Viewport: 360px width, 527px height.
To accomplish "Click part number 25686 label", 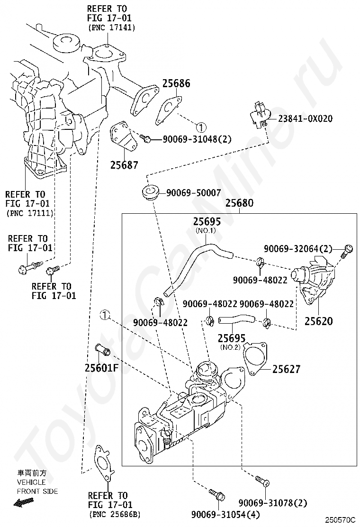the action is (176, 83).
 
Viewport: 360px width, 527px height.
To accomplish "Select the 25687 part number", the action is (124, 165).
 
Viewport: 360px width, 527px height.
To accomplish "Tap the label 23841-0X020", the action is (305, 118).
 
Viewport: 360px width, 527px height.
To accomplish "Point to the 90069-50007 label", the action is (194, 193).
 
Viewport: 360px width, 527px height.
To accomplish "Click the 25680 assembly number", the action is (239, 203).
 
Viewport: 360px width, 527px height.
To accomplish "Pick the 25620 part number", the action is (319, 321).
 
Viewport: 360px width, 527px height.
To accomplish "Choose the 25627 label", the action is (286, 369).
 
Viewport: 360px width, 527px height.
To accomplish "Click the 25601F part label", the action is (102, 368).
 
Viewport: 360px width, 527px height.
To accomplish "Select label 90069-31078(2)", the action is (273, 503).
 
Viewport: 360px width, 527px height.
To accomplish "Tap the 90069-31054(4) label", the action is (225, 515).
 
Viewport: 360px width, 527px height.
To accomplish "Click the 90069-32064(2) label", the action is (298, 249).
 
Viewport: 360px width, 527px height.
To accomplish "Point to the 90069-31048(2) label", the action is (197, 139).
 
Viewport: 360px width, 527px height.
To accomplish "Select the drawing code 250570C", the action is (340, 520).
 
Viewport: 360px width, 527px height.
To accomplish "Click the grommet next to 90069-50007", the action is (150, 192).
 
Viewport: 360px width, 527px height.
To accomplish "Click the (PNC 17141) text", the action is (112, 27).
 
